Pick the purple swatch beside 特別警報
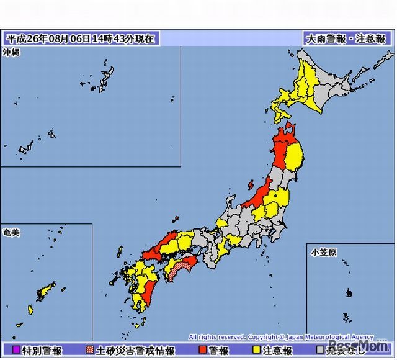click(x=16, y=351)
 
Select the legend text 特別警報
click(x=42, y=351)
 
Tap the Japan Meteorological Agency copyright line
click(x=281, y=336)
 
